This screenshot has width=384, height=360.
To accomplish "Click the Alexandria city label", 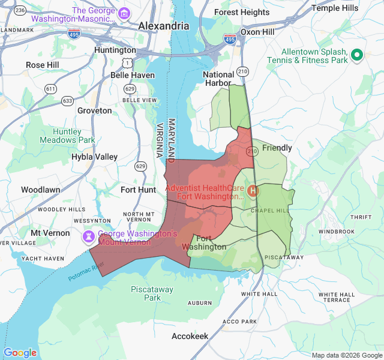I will (163, 26).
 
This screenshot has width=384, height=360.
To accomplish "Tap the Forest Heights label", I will (242, 12).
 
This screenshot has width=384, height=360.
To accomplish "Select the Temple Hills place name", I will (335, 8).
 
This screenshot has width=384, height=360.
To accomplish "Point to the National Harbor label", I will (218, 79).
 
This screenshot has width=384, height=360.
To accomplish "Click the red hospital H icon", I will (253, 191).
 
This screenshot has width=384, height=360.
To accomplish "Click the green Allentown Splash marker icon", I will (357, 55).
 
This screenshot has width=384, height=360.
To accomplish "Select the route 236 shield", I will (20, 10).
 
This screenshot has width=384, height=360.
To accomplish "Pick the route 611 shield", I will (50, 89).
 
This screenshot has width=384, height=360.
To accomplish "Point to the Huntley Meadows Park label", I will (67, 136).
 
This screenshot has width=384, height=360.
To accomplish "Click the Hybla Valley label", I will (94, 157).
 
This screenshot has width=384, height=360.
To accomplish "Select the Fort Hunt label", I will (138, 190).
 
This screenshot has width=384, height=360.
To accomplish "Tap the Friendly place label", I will (277, 148).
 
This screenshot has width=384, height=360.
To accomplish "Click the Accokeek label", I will (190, 336).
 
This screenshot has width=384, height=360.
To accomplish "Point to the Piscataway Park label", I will (152, 293).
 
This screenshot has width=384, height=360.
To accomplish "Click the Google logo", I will (20, 353).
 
